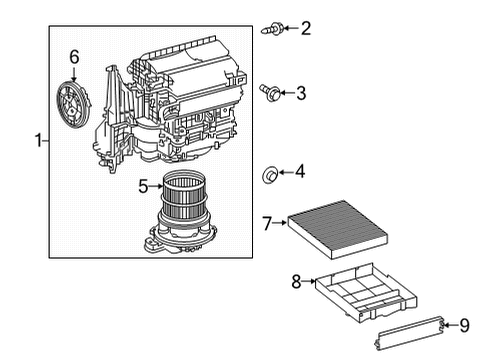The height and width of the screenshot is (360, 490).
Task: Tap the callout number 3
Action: [x=299, y=93]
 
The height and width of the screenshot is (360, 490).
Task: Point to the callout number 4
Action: [x=300, y=173]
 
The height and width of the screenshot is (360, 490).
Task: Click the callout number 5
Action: [x=142, y=185]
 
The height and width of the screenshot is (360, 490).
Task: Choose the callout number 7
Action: [x=267, y=223]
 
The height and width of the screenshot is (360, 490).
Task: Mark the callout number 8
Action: [x=295, y=282]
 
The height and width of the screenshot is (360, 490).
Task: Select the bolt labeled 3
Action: [x=268, y=93]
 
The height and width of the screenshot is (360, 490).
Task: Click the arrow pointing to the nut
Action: [x=284, y=174]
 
